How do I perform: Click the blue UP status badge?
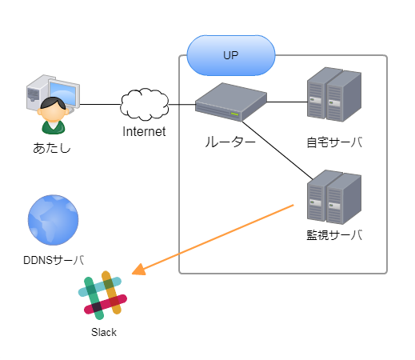[231, 55]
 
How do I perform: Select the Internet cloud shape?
[145, 104]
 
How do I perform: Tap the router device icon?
[231, 102]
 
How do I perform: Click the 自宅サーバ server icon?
[334, 94]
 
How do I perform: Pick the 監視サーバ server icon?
[334, 197]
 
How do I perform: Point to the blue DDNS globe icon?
[54, 220]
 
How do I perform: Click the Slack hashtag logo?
[102, 295]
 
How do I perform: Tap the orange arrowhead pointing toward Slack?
[138, 270]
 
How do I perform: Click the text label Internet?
[144, 131]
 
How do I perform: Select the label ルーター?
[230, 142]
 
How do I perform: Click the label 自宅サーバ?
[334, 142]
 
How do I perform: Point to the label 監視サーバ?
[334, 235]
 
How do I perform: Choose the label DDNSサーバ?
[54, 260]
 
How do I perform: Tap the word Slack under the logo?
[104, 332]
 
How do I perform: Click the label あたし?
[52, 148]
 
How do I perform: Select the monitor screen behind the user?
[64, 93]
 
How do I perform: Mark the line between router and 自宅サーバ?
[287, 102]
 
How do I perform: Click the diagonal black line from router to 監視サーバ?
[277, 150]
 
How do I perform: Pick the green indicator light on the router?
[234, 114]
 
